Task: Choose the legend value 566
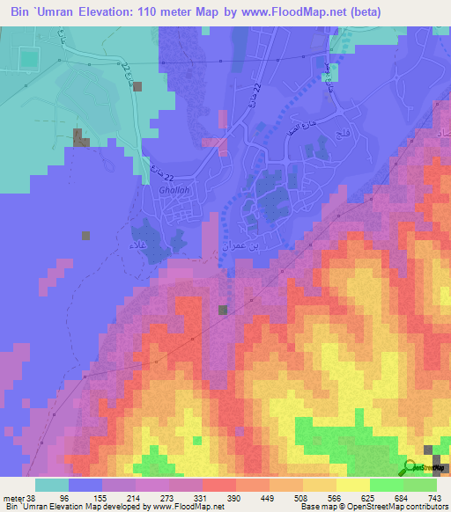pos(336,497)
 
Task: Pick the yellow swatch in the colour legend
pos(353,485)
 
